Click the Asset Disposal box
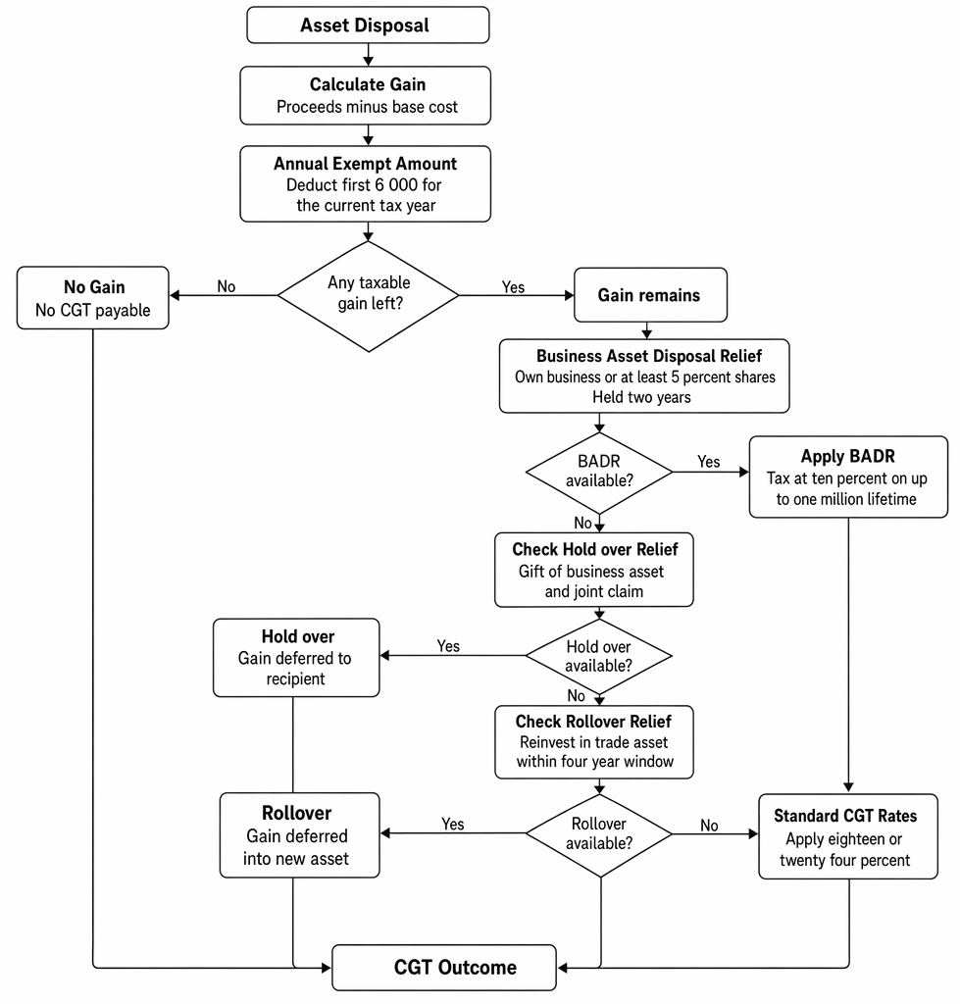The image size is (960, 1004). click(x=368, y=25)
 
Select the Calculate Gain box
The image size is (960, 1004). click(x=365, y=95)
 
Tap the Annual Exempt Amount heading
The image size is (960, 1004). click(x=365, y=164)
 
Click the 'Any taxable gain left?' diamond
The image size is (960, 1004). click(x=369, y=296)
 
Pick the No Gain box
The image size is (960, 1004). click(x=93, y=298)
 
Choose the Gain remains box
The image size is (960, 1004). click(x=651, y=294)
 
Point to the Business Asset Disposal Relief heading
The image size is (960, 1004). click(x=649, y=356)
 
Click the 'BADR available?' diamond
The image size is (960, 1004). click(x=599, y=472)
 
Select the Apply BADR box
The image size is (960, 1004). click(x=848, y=477)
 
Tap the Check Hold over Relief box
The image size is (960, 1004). click(x=593, y=570)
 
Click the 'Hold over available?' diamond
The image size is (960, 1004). click(x=599, y=656)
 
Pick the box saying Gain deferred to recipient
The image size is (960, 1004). click(x=296, y=658)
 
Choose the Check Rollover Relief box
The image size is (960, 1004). click(x=593, y=742)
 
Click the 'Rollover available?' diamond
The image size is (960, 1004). click(x=599, y=833)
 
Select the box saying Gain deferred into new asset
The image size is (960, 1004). click(x=299, y=835)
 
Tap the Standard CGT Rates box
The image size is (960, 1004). click(x=848, y=837)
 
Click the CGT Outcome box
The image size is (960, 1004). click(x=444, y=968)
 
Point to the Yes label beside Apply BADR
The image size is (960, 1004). click(x=708, y=462)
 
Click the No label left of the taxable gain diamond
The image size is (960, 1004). click(x=227, y=286)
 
